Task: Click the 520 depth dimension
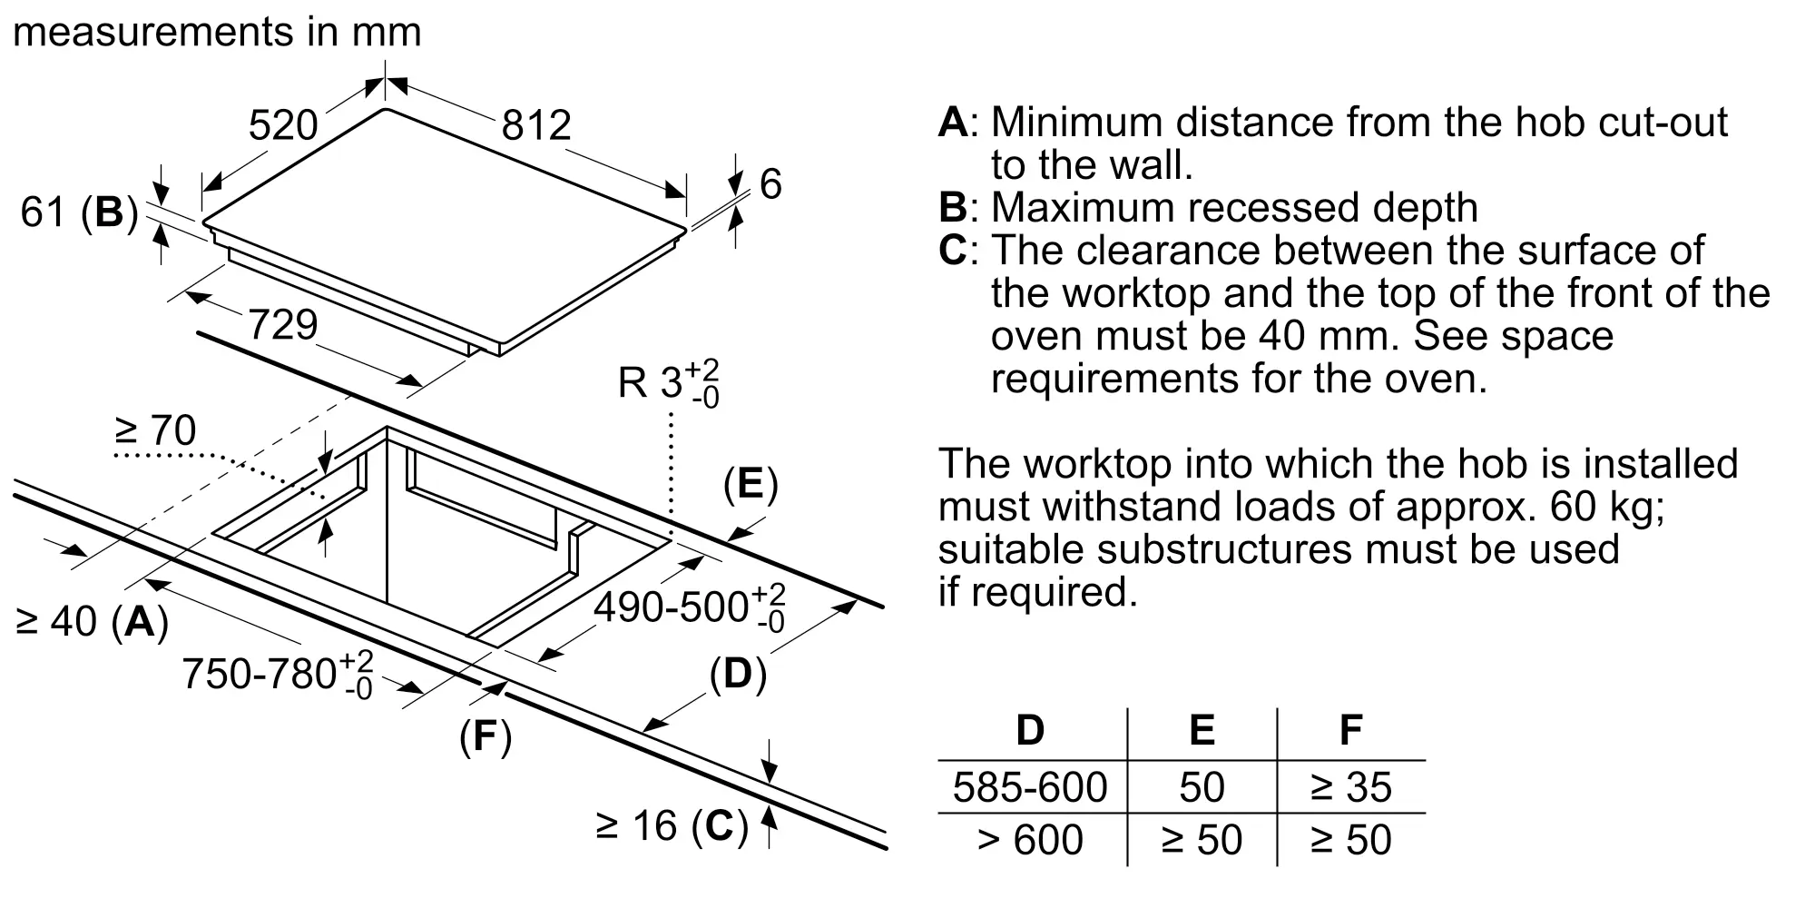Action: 283,125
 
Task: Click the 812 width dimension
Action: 536,125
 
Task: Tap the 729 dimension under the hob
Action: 283,324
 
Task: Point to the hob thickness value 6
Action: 770,184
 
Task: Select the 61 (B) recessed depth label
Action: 79,212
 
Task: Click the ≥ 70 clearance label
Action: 155,429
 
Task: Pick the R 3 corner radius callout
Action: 668,382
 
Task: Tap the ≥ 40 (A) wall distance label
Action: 93,622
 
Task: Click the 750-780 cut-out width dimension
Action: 278,675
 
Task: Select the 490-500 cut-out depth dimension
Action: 689,607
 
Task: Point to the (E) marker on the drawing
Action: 751,485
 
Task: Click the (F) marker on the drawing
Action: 486,736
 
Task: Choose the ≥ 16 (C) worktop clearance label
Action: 672,826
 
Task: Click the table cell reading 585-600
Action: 1030,787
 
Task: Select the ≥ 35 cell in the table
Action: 1350,787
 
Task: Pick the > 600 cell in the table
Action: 1030,840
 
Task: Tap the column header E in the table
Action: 1202,730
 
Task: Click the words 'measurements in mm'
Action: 217,33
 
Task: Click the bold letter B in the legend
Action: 953,208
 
